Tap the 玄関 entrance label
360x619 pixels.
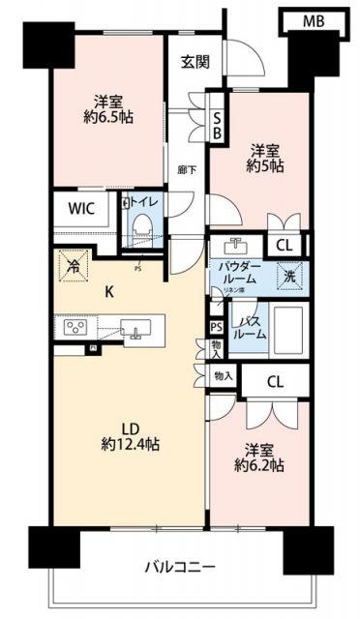(195, 62)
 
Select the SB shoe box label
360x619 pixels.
(218, 123)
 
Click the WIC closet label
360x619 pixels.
(81, 208)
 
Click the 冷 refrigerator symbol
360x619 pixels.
(74, 262)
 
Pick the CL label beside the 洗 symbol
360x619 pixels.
(287, 246)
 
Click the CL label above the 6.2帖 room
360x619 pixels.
(276, 381)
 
